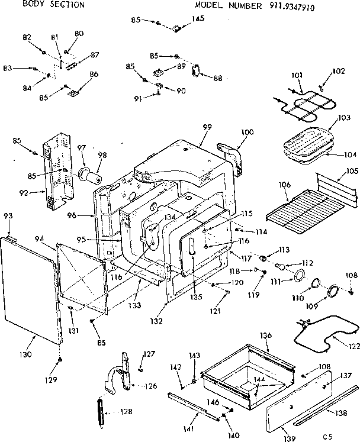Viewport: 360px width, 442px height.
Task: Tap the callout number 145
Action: tap(198, 19)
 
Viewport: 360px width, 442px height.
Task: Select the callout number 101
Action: tap(297, 75)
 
